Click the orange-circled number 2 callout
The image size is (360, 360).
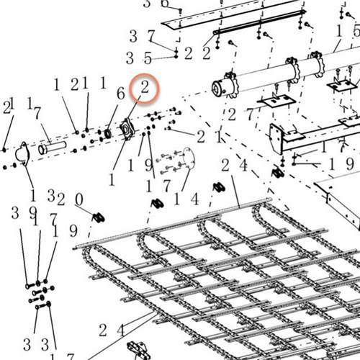click(x=145, y=89)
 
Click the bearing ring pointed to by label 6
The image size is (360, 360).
click(x=109, y=132)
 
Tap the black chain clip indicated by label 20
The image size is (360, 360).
click(x=100, y=215)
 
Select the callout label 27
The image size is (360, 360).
click(x=240, y=114)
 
